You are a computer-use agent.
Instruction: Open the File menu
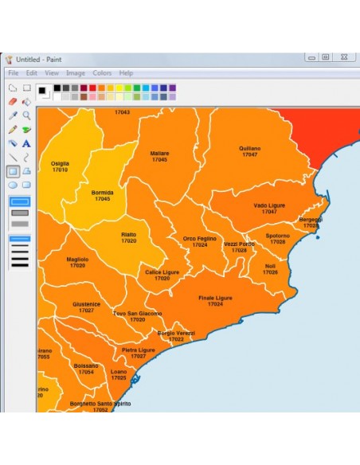(x=14, y=72)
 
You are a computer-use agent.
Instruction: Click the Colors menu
(x=102, y=72)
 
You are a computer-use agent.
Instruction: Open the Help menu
(x=127, y=72)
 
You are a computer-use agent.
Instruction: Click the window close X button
(x=344, y=57)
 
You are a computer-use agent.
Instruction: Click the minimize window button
(x=310, y=57)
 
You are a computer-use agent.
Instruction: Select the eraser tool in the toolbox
(x=12, y=101)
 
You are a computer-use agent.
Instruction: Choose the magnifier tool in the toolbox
(x=26, y=115)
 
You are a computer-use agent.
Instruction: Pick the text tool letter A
(x=26, y=143)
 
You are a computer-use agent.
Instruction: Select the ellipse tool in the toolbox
(x=12, y=185)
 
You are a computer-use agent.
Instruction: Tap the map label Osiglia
(x=60, y=163)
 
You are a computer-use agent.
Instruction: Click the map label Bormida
(x=102, y=193)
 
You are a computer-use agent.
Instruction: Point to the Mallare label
(x=159, y=154)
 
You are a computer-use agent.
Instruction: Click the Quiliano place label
(x=249, y=148)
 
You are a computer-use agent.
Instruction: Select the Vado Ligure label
(x=269, y=205)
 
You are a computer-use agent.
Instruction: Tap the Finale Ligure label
(x=215, y=298)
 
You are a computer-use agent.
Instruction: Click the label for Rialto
(x=128, y=235)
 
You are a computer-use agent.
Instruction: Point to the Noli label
(x=270, y=266)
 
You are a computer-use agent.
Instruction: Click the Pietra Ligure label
(x=138, y=350)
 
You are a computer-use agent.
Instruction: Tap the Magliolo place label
(x=77, y=259)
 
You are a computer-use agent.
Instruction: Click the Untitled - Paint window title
(x=39, y=59)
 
